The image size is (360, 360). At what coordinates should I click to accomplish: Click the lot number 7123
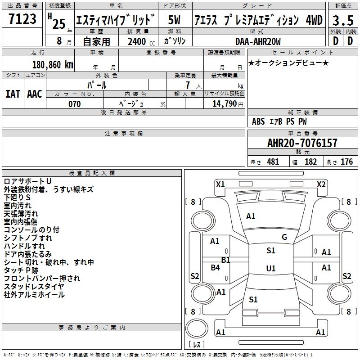pos(22,19)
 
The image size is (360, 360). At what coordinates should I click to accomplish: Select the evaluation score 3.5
pos(342,20)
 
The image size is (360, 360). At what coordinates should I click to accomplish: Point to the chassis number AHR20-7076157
pos(302,143)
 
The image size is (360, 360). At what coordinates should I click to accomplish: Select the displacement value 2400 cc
pos(140,42)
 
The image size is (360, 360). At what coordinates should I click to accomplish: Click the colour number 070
pos(74,104)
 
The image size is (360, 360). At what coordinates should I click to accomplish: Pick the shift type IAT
pos(13,94)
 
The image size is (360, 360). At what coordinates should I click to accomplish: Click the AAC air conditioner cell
pos(35,94)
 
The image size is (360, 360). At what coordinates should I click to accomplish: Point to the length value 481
pos(273,162)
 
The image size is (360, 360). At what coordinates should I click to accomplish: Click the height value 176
pos(346,162)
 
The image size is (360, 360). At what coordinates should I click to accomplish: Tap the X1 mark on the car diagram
pos(220,184)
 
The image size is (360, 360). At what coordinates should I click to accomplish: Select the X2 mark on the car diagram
pos(321,184)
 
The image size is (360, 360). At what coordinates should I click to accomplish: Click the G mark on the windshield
pos(284,237)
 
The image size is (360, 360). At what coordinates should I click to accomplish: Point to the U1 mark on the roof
pos(271,269)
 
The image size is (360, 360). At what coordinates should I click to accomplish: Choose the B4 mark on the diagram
pos(216,268)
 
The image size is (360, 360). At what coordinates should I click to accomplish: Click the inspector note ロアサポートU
pos(27,181)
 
